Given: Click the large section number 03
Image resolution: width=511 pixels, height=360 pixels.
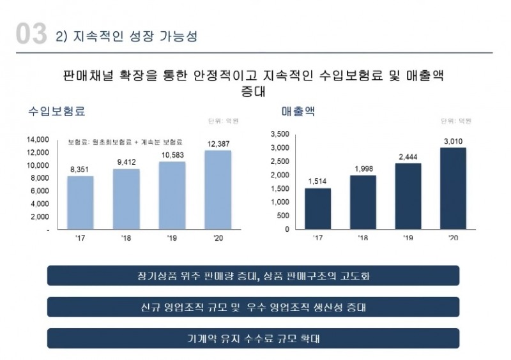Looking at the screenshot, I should (30, 34).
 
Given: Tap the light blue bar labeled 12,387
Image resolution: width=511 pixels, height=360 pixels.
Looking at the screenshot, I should (218, 190).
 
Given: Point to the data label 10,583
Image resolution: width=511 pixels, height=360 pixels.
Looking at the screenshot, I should (172, 154).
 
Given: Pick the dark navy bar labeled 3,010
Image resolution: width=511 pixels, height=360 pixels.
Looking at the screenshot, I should (453, 188).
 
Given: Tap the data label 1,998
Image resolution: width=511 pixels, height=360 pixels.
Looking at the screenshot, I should (363, 168).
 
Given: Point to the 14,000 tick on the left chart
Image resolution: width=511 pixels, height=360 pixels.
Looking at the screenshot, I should (38, 139).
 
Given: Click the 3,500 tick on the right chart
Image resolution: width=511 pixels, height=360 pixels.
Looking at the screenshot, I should (280, 134).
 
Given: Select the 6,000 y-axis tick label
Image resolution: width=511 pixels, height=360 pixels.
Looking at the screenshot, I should (40, 191).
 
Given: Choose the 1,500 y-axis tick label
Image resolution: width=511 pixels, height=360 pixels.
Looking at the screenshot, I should (280, 188).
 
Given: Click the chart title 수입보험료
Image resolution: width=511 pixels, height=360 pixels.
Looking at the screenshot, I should (57, 111).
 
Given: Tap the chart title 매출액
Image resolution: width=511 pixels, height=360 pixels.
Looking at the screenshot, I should (298, 111).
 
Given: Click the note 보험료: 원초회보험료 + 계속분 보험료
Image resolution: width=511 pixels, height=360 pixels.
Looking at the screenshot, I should (125, 141).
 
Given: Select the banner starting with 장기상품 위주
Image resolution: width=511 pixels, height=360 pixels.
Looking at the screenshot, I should (253, 276).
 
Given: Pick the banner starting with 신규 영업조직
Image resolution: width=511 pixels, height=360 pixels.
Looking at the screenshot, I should (253, 307).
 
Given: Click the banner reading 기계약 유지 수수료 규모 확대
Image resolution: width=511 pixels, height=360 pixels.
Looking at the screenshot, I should (253, 338).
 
